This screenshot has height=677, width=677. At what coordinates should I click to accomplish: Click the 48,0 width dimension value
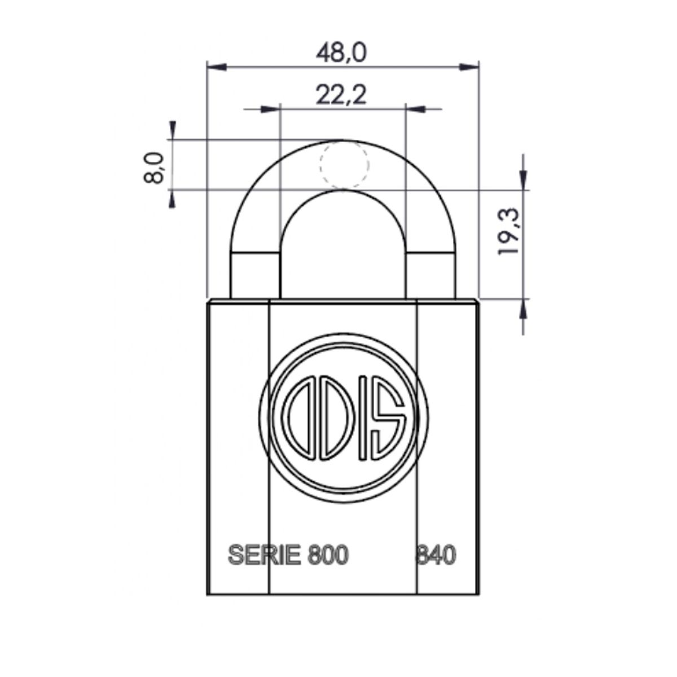tap(341, 53)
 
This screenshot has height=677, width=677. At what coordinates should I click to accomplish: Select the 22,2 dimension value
tap(341, 95)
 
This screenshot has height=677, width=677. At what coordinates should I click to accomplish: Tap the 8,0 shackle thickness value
tap(154, 168)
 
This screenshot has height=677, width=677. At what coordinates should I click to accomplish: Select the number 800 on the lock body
tap(327, 556)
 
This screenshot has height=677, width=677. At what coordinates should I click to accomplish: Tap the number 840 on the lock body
tap(436, 556)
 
